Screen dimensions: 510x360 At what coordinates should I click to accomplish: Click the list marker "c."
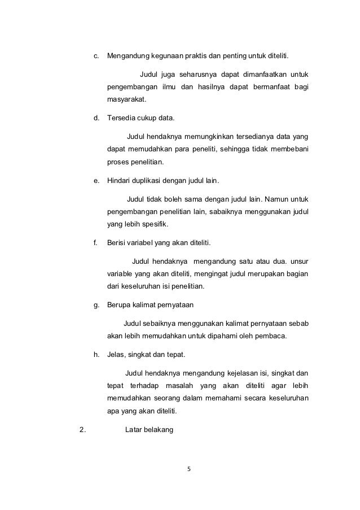(96, 56)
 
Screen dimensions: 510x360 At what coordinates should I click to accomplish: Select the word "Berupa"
(120, 305)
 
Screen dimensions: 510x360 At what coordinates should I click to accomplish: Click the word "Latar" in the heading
(133, 429)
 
